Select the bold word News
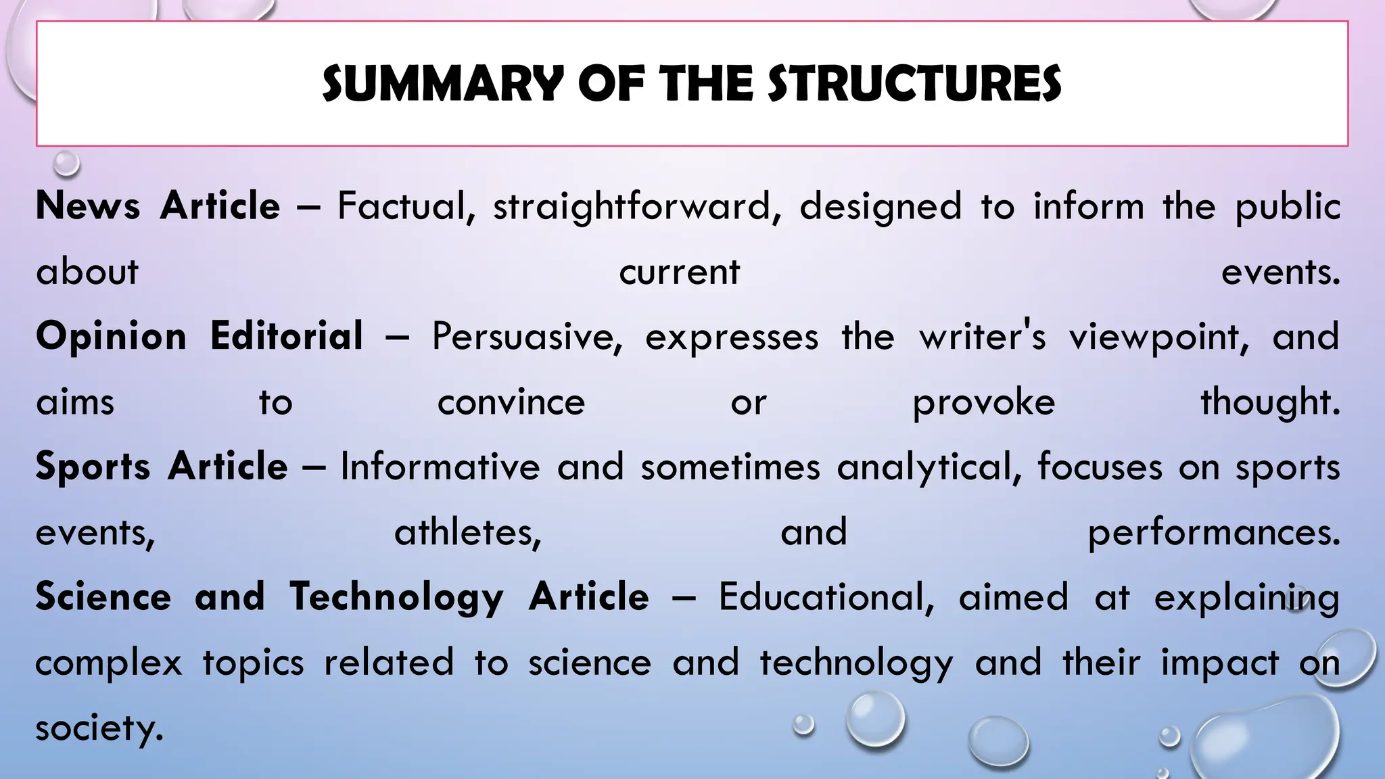point(88,206)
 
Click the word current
point(680,272)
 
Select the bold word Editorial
point(287,336)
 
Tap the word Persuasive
point(527,337)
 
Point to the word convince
point(511,402)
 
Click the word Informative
point(440,467)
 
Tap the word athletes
point(468,532)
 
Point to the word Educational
point(826,597)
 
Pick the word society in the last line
point(99,728)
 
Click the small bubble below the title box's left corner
point(66,163)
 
